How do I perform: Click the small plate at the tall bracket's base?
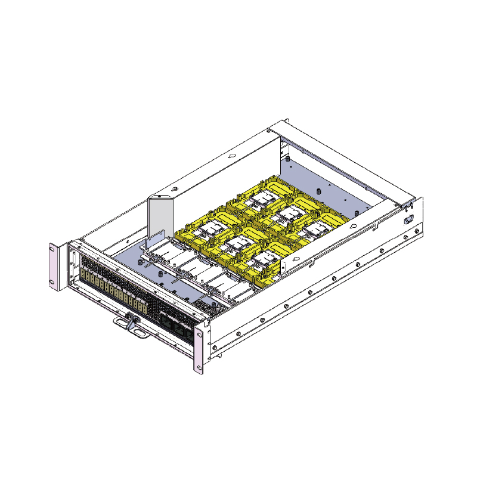(x=153, y=241)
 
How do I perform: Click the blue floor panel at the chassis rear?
(x=334, y=185)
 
